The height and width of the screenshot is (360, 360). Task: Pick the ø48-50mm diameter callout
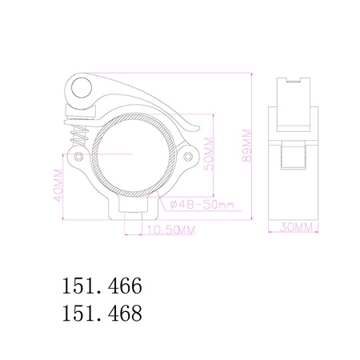coord(201,206)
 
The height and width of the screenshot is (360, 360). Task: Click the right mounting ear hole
coord(186,156)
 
